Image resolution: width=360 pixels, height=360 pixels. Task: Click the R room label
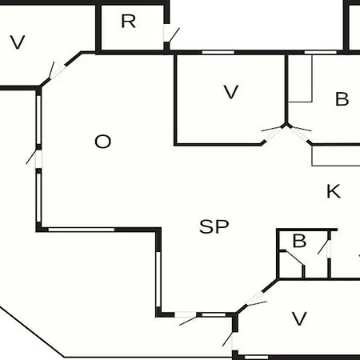point(128,22)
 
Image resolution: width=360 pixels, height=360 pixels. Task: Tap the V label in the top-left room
point(18,42)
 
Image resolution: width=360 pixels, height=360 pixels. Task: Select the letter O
point(102,142)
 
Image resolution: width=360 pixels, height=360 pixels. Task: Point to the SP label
point(214,226)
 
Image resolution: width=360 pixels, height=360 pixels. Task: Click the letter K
point(334,191)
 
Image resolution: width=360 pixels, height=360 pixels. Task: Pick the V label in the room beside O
point(231,92)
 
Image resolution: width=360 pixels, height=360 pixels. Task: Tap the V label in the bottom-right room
point(299,318)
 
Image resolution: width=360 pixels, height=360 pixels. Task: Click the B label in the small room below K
point(299,241)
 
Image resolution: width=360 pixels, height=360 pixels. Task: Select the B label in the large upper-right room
point(342,99)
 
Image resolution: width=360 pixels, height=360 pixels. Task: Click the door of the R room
point(170,34)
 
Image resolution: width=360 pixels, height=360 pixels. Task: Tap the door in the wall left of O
point(35,158)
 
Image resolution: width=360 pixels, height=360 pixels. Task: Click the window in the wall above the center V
point(218,52)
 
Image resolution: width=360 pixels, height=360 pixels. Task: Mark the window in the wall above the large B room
point(321,52)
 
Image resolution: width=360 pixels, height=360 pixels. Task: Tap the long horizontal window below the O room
point(82,230)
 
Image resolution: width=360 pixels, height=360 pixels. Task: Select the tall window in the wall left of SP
point(158,279)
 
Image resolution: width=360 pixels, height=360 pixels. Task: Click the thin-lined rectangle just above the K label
point(336,156)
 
